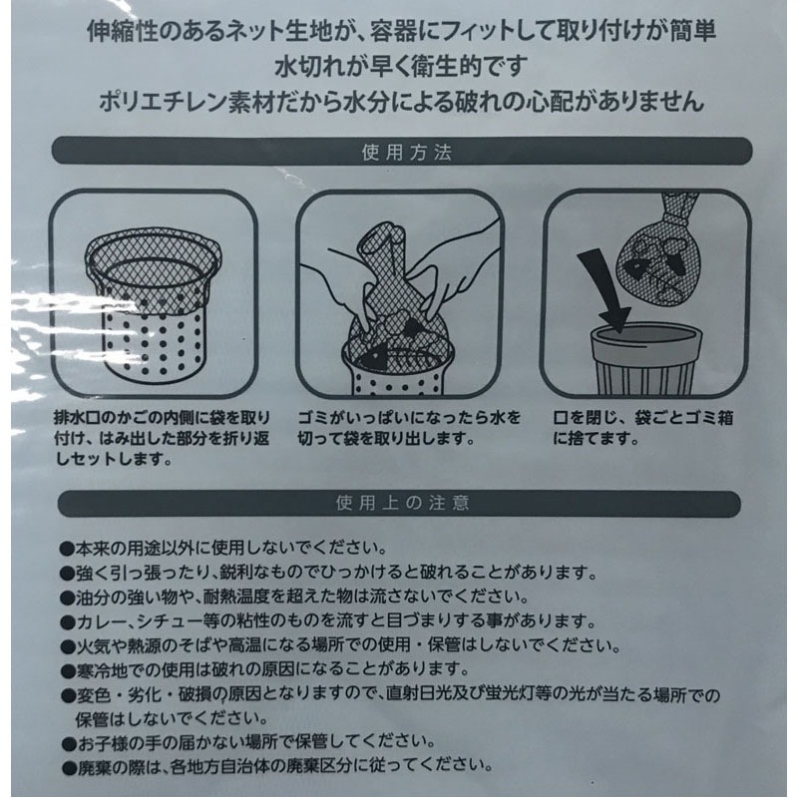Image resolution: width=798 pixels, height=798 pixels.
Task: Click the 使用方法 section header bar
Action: click(x=399, y=155)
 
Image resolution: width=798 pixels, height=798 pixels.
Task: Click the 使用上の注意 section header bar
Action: click(x=399, y=504)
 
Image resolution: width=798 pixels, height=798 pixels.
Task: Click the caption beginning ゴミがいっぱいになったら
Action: click(x=399, y=429)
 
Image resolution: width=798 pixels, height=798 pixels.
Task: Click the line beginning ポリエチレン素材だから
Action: click(x=399, y=102)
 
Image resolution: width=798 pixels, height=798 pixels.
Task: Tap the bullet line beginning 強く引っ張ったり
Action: click(x=329, y=574)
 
